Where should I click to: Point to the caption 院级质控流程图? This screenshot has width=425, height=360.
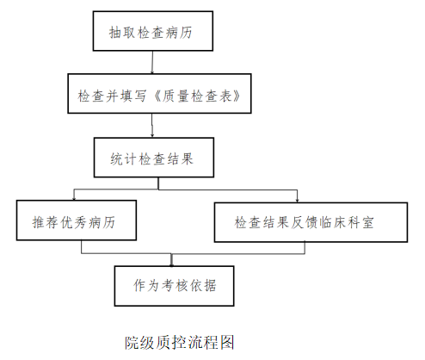[x=180, y=342]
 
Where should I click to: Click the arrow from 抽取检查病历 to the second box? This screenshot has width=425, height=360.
[x=152, y=62]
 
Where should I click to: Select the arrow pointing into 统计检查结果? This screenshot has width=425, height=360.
[x=152, y=126]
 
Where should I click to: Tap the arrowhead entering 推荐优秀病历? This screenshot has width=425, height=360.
[x=74, y=198]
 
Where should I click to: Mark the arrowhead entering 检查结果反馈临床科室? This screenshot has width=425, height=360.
[x=297, y=201]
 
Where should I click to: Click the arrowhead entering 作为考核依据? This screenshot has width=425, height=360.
[x=171, y=264]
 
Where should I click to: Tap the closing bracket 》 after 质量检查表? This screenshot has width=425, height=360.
[x=237, y=96]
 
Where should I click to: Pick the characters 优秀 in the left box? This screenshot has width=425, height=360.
[x=74, y=222]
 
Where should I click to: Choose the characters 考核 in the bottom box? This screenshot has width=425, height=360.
[x=175, y=285]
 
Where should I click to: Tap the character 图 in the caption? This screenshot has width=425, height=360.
[x=227, y=342]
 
